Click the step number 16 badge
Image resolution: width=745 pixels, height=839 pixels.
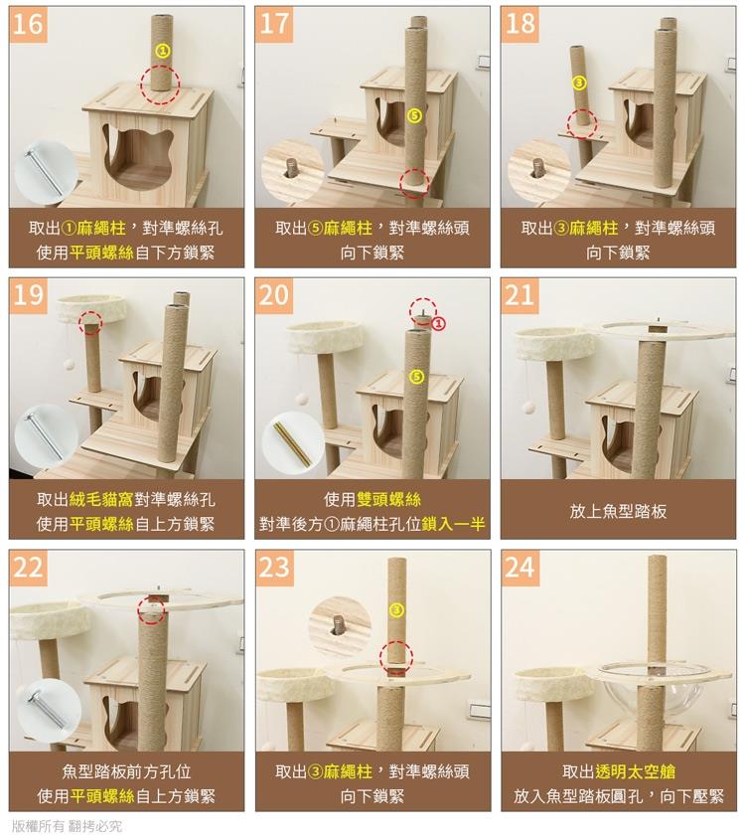[29, 24]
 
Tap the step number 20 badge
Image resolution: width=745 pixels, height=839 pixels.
[274, 295]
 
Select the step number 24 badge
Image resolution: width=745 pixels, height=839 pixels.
[520, 568]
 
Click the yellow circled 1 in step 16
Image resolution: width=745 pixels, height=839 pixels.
[163, 51]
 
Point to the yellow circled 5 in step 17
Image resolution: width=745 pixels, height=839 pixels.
[414, 115]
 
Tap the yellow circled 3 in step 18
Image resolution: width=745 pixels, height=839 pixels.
[579, 83]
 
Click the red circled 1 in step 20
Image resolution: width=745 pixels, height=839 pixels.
[438, 324]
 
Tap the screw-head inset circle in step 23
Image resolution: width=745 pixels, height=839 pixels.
[340, 628]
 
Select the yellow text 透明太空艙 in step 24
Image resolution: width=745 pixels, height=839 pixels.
[636, 771]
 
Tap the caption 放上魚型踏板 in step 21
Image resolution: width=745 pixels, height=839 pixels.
[618, 512]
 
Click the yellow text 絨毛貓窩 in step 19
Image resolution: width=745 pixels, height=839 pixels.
[101, 499]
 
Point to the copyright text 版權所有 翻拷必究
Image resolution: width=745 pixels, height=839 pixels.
[67, 826]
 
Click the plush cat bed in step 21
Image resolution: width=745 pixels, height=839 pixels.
[555, 345]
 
